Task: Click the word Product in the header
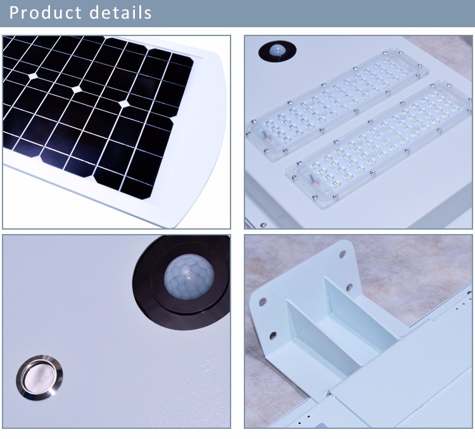[46, 13]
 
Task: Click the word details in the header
[120, 13]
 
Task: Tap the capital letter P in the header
[14, 13]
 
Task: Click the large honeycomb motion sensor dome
[189, 276]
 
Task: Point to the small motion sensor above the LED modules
[277, 51]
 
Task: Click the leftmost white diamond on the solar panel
[34, 75]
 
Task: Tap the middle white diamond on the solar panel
[77, 89]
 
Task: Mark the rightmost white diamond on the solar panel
[124, 104]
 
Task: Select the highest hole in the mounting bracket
[342, 254]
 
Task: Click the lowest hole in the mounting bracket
[272, 336]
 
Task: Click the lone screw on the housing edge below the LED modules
[263, 225]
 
